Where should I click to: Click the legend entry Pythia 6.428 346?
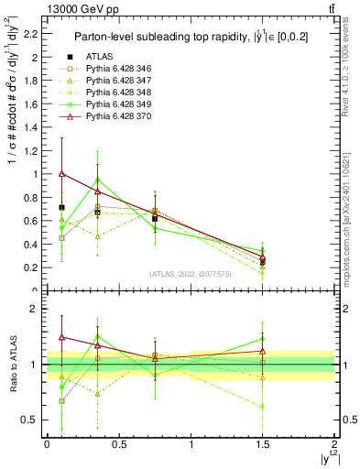coord(116,93)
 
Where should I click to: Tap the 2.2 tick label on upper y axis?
coord(30,34)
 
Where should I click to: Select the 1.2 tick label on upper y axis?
coord(30,150)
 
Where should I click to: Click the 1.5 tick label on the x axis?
coord(263,446)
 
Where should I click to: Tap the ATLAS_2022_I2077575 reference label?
coord(191,274)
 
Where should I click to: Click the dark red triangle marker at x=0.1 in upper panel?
coord(61,173)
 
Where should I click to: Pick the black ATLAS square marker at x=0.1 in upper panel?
coord(61,207)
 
